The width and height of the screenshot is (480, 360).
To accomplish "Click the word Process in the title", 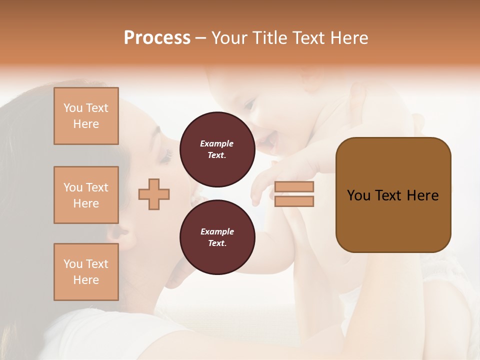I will tap(157, 38).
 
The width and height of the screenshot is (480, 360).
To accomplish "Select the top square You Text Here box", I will tap(86, 116).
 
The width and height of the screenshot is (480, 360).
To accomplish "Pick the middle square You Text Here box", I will tap(86, 195).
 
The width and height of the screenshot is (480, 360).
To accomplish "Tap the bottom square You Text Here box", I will tap(86, 272).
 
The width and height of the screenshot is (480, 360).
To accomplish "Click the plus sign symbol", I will tap(154, 194).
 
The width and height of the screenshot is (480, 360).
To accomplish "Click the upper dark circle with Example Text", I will tap(217, 149).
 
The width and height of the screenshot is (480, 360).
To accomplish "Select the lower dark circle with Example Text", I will tap(217, 237).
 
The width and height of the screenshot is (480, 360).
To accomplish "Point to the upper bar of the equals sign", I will tap(294, 187).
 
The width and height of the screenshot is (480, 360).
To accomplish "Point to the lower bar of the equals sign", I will tap(294, 201).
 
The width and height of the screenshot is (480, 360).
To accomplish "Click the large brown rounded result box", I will tap(393, 195).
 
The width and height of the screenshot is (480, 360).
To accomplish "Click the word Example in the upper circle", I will tap(217, 143).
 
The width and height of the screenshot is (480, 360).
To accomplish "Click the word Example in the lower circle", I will tap(217, 231).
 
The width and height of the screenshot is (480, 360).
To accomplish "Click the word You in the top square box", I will tap(73, 108).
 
